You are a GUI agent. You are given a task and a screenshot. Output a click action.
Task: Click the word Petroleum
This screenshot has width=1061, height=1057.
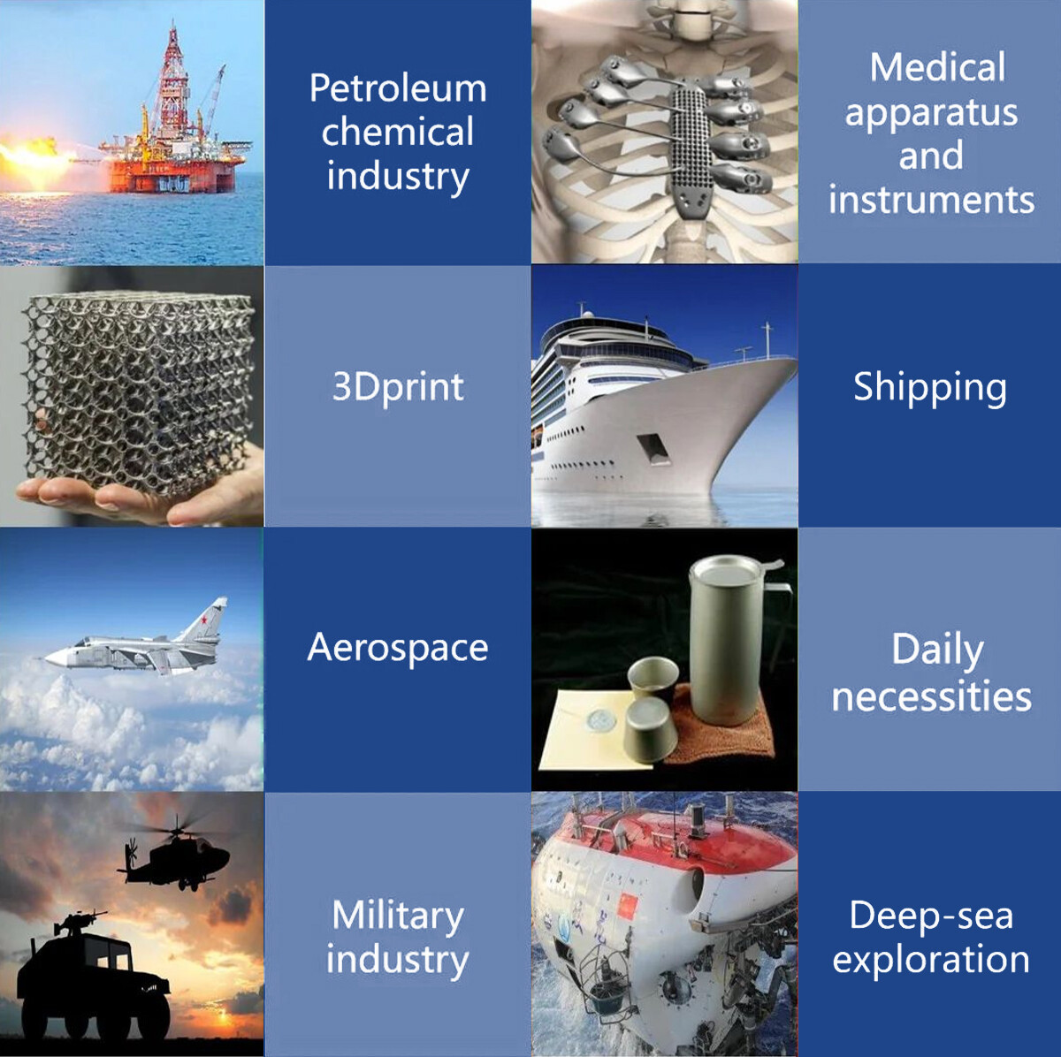point(398,89)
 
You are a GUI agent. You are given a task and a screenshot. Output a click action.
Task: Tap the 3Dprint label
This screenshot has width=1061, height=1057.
point(398,387)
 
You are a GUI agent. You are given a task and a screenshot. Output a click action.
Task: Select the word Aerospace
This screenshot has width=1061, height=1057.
point(398,648)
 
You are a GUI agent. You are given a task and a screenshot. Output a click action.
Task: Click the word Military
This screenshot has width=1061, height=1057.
point(397,916)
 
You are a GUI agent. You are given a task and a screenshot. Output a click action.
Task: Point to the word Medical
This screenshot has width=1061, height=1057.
point(937,68)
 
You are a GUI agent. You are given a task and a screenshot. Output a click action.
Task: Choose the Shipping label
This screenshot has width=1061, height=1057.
point(930,387)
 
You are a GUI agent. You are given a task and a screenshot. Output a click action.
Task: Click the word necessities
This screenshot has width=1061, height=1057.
point(931,696)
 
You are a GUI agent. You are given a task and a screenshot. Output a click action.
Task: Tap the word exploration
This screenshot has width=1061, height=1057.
point(931,960)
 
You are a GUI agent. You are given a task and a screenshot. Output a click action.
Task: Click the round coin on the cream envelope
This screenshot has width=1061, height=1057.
point(604,718)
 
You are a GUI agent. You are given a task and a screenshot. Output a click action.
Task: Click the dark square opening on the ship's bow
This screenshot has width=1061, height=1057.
point(653,448)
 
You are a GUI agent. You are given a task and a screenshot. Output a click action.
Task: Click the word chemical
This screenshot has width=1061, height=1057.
point(398,133)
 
